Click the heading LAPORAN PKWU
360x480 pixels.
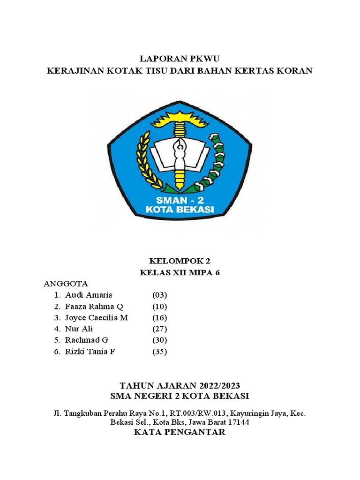180,59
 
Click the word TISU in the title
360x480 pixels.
167,71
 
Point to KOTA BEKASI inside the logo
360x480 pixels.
180,209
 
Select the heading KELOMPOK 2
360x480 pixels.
180,261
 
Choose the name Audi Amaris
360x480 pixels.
89,295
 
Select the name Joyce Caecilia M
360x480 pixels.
97,317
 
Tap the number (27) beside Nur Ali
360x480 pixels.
160,329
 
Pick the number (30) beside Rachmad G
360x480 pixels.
160,340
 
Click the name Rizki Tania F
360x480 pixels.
90,351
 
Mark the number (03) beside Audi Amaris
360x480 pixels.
160,295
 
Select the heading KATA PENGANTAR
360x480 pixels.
180,432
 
